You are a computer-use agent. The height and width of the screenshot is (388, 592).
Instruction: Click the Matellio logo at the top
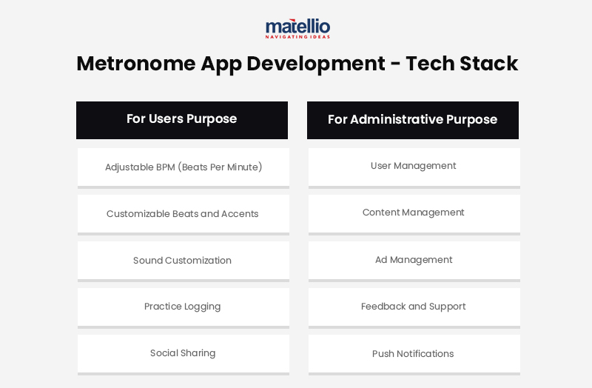[297, 27]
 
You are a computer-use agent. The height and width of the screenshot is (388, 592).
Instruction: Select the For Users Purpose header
[182, 119]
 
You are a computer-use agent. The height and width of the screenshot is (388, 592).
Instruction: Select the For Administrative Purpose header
[413, 120]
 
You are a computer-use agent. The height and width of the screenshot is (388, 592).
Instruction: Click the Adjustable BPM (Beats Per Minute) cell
[184, 167]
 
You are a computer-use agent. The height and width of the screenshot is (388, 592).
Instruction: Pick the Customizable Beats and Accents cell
[183, 214]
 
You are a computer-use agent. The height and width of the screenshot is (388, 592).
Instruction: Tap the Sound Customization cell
[183, 261]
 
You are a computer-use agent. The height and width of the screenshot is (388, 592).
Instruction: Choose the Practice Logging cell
[183, 307]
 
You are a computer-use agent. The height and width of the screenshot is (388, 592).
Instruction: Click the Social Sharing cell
[183, 353]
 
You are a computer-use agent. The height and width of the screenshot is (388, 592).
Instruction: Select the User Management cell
[414, 166]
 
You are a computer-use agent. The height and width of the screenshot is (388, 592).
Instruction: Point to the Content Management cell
[414, 213]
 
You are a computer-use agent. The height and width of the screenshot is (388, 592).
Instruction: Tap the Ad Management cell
[414, 260]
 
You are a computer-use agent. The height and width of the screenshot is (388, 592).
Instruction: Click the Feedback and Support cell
[414, 307]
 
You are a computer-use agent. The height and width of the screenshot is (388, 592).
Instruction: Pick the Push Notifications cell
[414, 354]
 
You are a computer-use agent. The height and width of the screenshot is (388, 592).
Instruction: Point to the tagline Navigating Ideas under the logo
[297, 36]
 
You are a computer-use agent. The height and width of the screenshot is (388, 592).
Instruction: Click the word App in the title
[221, 64]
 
